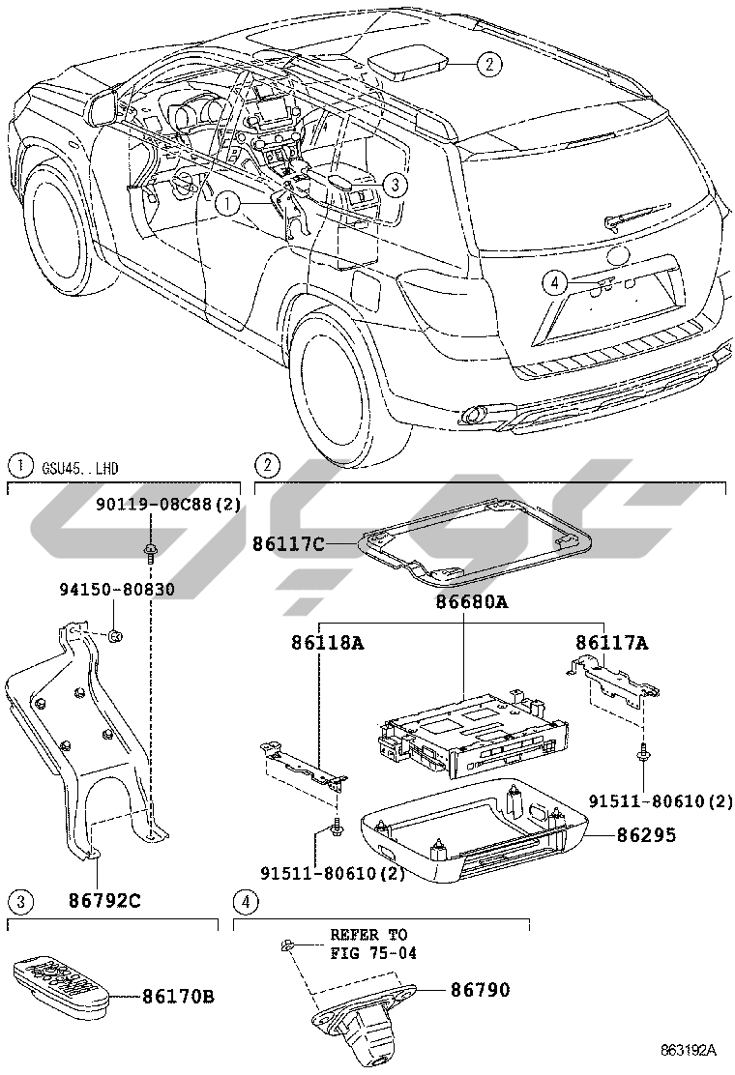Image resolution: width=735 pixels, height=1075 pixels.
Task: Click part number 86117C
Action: click(x=288, y=544)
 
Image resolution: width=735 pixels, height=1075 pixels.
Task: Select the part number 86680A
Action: click(x=472, y=602)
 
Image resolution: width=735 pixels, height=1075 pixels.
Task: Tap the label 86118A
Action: click(x=327, y=643)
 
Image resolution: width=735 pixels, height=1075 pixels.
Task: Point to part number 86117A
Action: click(x=611, y=643)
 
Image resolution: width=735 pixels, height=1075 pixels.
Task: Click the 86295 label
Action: click(x=647, y=834)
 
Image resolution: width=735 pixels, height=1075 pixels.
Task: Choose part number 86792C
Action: click(x=104, y=900)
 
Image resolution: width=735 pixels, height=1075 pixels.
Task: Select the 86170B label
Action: click(x=178, y=996)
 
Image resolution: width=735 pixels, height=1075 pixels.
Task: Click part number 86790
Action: click(x=480, y=989)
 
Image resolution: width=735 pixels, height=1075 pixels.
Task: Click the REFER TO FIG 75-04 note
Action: click(x=373, y=944)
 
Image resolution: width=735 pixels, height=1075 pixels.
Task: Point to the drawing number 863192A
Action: click(x=689, y=1050)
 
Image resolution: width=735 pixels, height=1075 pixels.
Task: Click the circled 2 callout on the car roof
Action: click(x=488, y=65)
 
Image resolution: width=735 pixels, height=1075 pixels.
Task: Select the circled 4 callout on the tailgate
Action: click(x=555, y=281)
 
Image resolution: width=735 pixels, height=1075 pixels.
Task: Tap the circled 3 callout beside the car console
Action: click(x=395, y=184)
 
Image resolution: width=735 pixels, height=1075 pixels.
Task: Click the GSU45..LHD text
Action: click(x=80, y=468)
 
